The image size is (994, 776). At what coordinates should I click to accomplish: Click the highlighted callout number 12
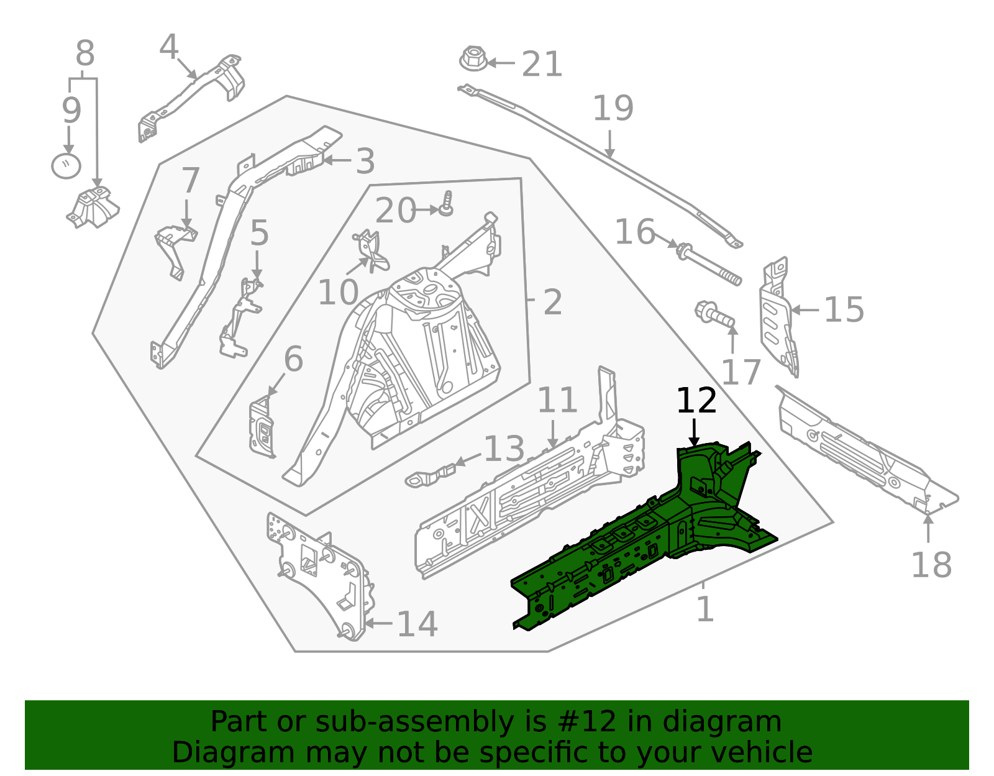click(696, 401)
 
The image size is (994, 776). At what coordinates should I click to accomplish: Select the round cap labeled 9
click(66, 166)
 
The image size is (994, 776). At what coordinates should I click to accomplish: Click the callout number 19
click(613, 109)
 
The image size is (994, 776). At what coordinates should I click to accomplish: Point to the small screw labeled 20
click(446, 205)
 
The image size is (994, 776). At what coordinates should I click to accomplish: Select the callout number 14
click(417, 624)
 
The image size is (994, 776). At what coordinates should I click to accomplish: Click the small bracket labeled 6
click(262, 429)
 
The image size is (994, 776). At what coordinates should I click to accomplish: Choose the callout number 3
click(365, 162)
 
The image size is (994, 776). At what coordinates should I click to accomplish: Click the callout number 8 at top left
click(85, 54)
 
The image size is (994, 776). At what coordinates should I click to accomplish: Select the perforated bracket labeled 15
click(778, 317)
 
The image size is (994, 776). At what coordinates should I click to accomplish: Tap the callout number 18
click(931, 565)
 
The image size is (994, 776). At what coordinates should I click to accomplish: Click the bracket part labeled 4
click(193, 93)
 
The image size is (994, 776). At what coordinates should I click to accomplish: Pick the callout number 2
click(552, 303)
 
